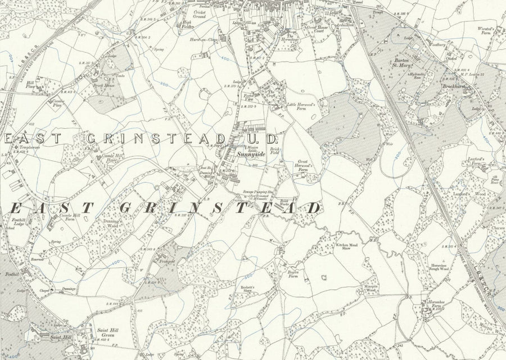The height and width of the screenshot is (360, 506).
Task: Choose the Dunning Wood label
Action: pyautogui.click(x=111, y=224)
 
